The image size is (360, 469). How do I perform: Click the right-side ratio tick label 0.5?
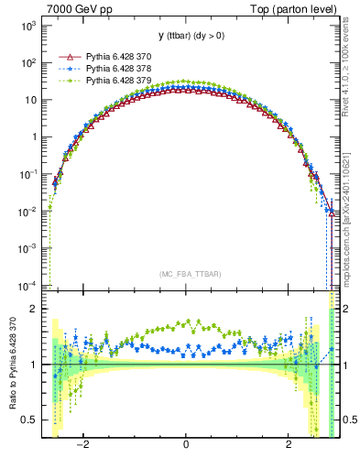coord(348,420)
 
